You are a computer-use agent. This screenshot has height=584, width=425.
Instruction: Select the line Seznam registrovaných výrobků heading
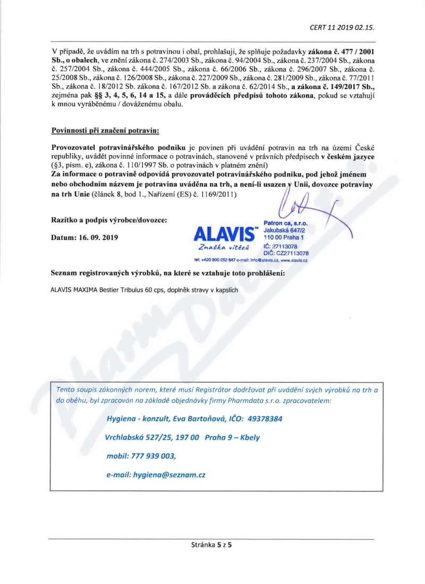167,273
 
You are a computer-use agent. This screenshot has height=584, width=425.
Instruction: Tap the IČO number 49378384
263,418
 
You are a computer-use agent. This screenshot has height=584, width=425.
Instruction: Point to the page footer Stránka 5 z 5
212,544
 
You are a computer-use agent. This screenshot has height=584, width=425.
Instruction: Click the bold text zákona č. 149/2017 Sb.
335,85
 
